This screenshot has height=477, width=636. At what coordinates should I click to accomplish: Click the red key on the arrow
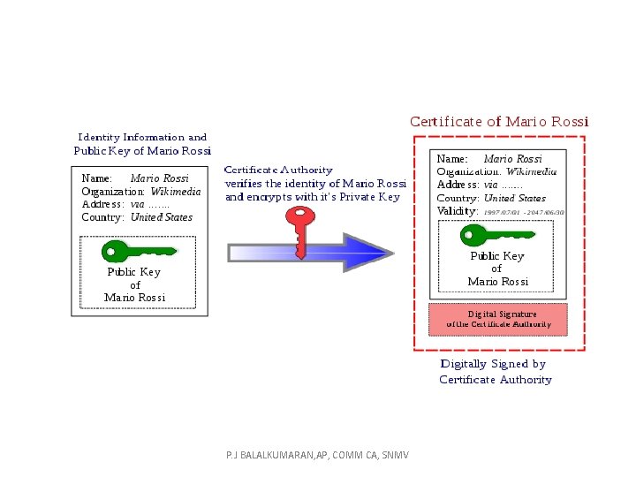coord(302,232)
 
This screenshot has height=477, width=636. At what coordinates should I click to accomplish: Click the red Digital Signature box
coord(497,318)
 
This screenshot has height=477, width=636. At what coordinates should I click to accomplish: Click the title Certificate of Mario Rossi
coord(499,121)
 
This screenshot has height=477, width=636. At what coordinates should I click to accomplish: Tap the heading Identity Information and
coord(142,137)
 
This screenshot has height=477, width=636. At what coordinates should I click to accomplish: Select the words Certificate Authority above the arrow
coord(278,169)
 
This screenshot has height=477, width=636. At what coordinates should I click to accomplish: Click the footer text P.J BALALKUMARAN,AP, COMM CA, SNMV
coord(311,454)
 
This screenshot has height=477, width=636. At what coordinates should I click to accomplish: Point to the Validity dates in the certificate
coord(524,213)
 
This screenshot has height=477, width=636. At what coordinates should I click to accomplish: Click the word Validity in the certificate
coord(458,212)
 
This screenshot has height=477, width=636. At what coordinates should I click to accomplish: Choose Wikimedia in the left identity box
coord(175,191)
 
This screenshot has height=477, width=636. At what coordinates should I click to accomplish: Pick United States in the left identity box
coord(161,217)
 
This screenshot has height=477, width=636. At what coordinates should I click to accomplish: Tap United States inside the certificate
coord(515,199)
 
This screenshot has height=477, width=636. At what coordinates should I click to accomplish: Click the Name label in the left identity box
coord(96,178)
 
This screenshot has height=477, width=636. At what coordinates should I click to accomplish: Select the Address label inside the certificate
coord(458,185)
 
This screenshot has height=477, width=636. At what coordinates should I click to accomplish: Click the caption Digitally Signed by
coord(493,364)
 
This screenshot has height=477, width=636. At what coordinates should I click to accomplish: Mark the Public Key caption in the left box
coord(133,272)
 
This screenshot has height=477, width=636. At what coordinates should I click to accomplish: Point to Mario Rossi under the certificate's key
coord(497,282)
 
